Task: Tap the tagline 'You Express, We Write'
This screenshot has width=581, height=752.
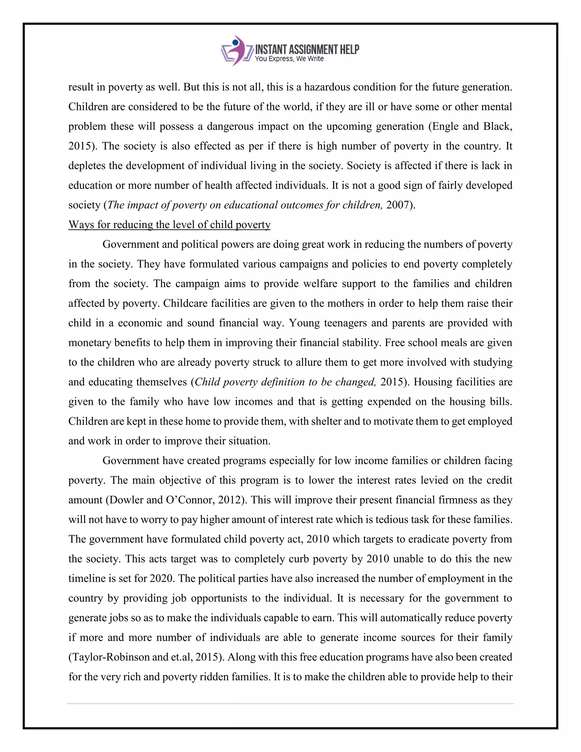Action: pos(289,59)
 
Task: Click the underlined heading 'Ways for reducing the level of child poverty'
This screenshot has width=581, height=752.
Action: pos(169,225)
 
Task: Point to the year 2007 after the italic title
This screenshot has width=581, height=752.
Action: pos(397,205)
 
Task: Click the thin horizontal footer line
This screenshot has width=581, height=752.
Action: pos(290,704)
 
